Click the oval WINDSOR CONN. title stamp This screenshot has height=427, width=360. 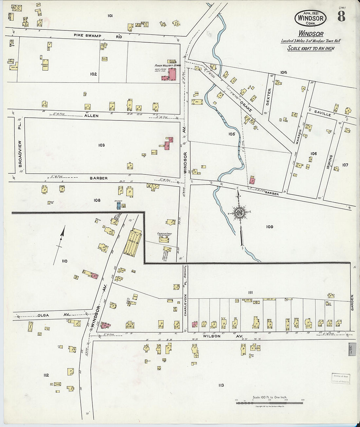pos(310,18)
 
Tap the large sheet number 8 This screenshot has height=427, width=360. pos(341,16)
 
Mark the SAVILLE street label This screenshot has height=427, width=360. pos(322,113)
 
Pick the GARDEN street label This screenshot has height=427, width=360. pos(352,303)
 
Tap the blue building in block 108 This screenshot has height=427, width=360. pos(119,206)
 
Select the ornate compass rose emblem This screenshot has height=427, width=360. pos(240,213)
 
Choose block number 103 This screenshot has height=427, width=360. pos(101,145)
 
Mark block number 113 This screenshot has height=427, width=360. pos(221,385)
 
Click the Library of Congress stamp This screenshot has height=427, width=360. pos(341,379)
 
